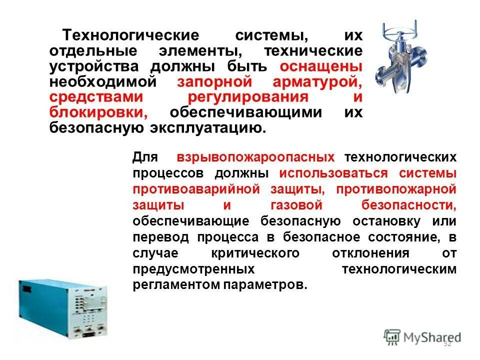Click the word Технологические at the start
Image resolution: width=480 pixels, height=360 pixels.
pos(130,36)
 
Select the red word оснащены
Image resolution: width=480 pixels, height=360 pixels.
pos(321,66)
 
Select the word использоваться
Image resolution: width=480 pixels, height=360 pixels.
pos(334,173)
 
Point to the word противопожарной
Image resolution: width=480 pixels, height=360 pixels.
pos(396,189)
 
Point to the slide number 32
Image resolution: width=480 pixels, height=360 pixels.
pos(447,343)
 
